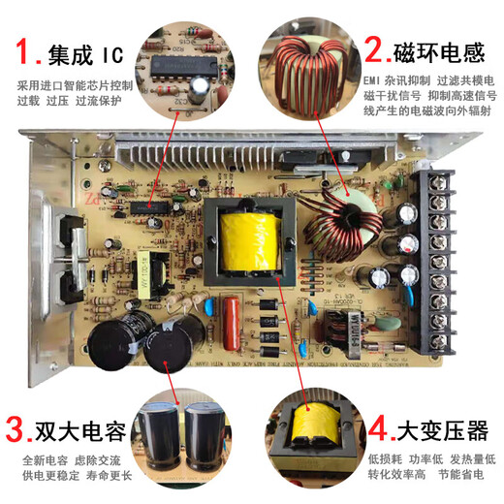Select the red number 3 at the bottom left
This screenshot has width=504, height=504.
16,427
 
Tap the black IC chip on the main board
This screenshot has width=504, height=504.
155,208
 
